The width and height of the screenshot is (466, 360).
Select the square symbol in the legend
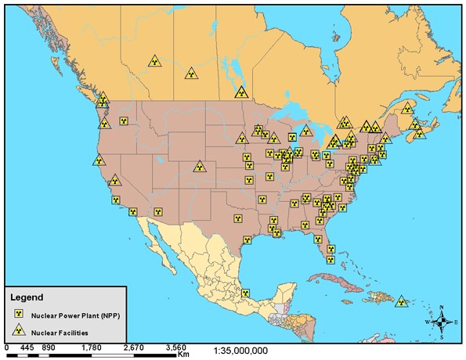(x=18, y=314)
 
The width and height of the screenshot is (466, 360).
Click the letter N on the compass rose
(x=442, y=307)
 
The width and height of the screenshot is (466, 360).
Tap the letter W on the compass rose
(x=428, y=322)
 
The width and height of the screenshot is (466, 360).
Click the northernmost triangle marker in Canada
(x=155, y=60)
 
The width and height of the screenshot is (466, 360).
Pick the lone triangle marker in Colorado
(x=200, y=167)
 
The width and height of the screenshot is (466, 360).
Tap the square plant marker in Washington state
(x=124, y=121)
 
